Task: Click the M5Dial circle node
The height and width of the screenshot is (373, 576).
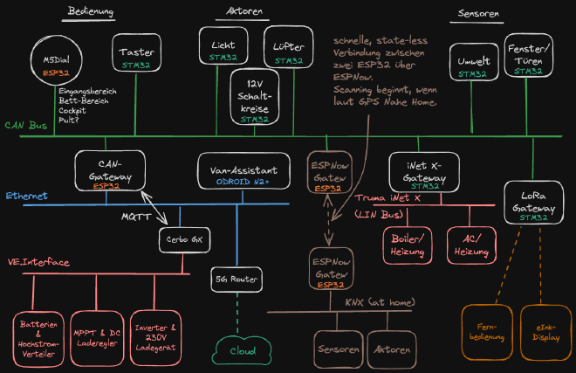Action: tap(57, 64)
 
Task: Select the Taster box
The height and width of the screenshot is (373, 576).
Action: tap(137, 57)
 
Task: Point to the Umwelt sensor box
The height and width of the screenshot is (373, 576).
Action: tap(473, 66)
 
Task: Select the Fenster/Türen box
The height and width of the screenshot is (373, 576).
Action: tap(529, 59)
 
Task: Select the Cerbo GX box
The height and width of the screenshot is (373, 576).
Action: tap(180, 238)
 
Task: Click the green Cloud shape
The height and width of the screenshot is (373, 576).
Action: tap(237, 349)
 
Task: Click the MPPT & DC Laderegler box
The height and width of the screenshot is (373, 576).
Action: tap(96, 336)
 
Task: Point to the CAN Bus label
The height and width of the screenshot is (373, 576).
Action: tap(25, 126)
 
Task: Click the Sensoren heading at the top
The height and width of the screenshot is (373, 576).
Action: tap(477, 14)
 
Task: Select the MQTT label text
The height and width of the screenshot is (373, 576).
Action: tap(134, 215)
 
